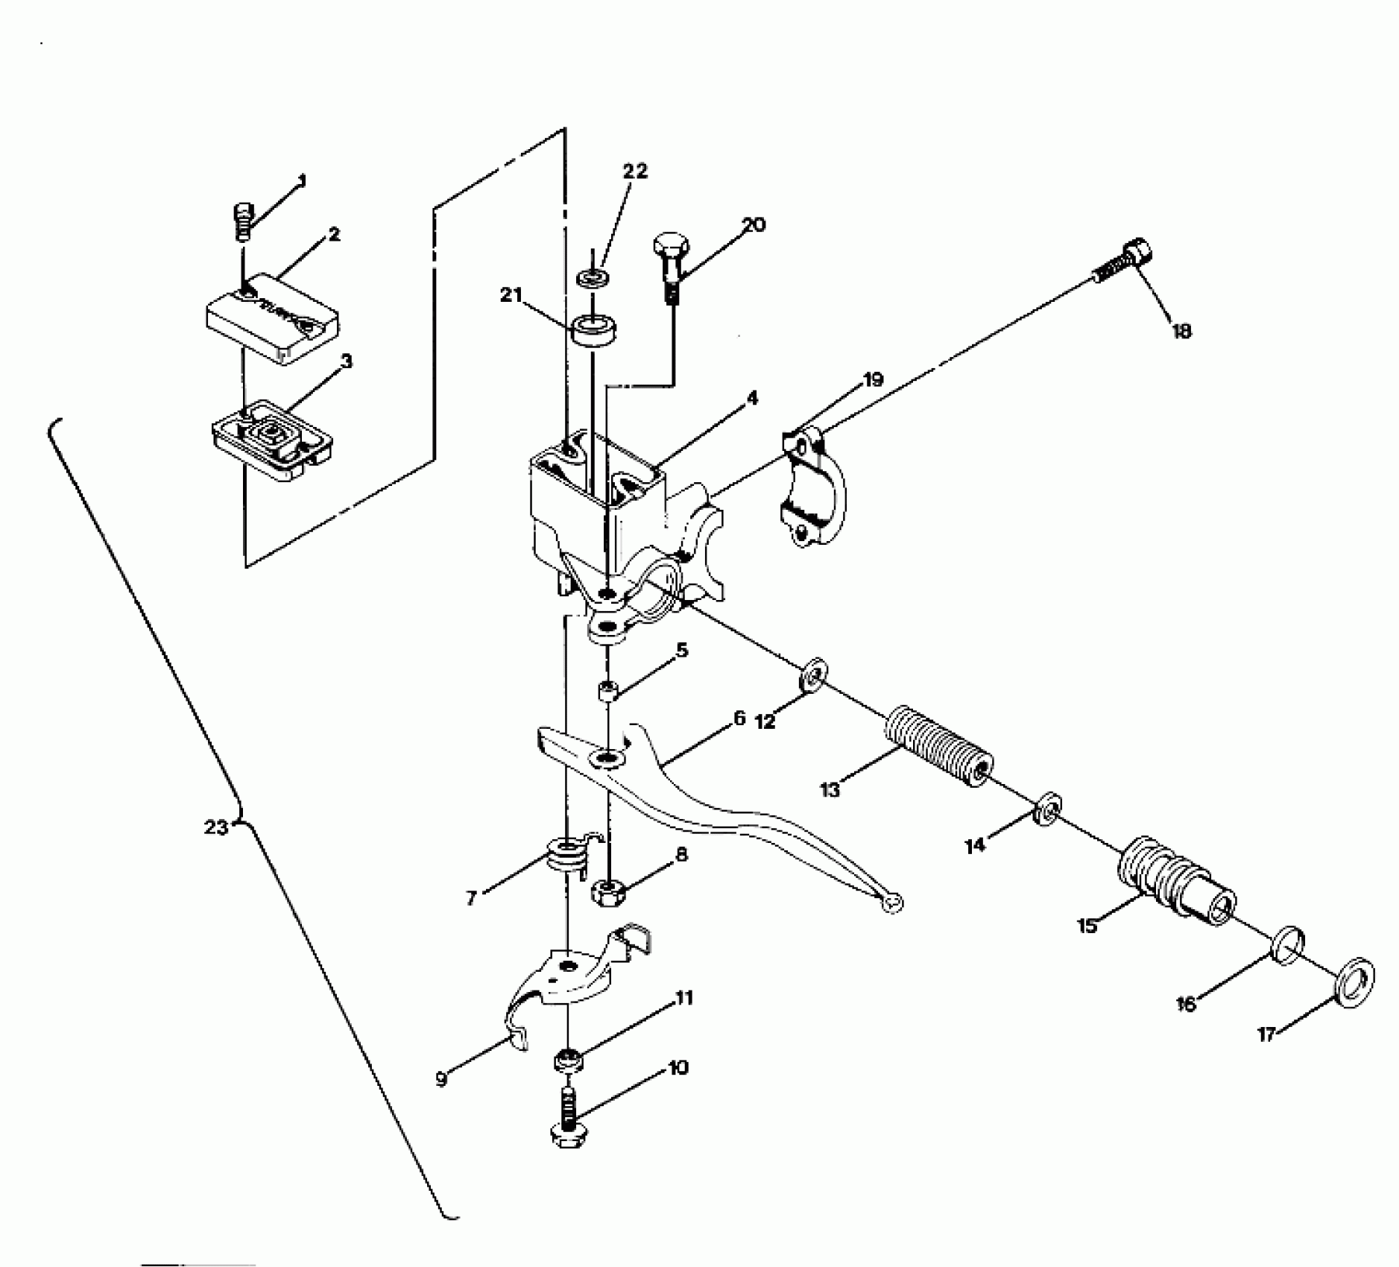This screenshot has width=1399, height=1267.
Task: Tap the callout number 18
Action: coord(1181,330)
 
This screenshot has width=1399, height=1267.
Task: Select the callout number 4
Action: coord(752,399)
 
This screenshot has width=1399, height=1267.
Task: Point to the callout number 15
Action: coord(1087,926)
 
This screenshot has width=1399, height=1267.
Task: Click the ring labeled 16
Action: coord(1287,946)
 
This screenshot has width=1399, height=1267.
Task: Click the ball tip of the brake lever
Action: coord(891,903)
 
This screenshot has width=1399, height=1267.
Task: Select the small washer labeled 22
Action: coord(593,279)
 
